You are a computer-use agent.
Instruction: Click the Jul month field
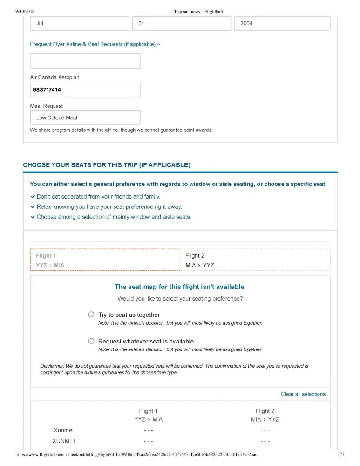79,23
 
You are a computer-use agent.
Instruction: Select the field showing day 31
182,23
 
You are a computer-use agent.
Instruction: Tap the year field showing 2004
282,23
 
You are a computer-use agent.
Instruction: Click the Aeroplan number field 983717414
85,89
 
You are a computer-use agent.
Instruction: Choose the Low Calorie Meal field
85,117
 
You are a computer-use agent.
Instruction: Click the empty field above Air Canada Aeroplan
85,61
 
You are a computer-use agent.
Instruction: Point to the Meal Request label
47,106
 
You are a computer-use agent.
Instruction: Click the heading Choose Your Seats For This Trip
107,165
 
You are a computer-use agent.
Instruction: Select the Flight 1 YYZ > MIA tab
105,260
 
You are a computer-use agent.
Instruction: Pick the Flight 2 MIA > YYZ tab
255,260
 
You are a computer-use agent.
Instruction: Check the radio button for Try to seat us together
91,315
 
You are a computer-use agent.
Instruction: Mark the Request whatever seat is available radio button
91,341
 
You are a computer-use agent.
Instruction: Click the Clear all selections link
303,394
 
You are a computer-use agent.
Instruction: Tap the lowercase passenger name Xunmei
64,430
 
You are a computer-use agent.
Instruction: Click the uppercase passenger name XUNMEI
64,441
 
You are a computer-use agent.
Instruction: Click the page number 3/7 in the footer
341,454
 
